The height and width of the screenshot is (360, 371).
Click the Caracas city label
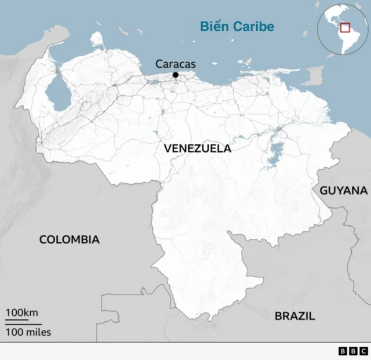176,64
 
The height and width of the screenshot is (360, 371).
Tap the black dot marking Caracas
176,74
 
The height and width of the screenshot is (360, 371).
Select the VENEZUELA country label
197,148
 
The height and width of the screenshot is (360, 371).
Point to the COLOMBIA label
69,239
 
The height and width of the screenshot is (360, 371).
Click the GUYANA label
344,190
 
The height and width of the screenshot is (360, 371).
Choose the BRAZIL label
294,316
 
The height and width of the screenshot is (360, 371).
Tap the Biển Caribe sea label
237,27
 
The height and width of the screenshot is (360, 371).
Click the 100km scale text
22,313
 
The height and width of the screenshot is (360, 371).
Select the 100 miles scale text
28,332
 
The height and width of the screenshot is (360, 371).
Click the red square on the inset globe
345,27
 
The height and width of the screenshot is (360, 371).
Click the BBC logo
352,351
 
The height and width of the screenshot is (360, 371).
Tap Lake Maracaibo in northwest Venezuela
55,92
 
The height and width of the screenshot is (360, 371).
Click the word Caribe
253,27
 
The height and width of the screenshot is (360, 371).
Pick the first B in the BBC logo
343,351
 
